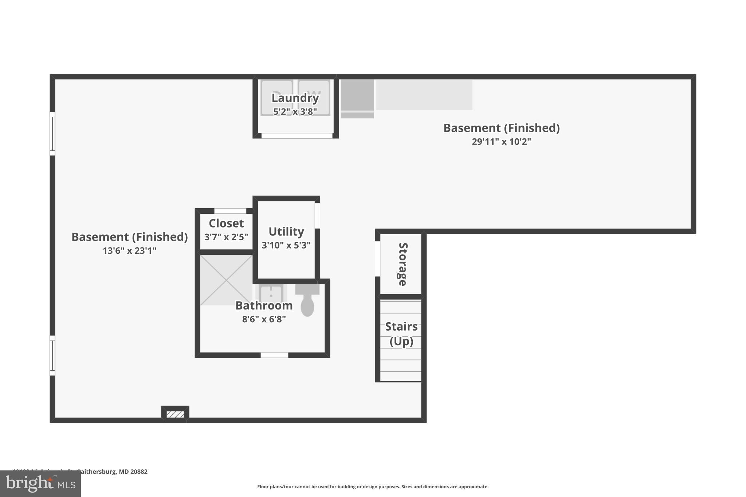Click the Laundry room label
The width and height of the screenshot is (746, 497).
pyautogui.click(x=295, y=98)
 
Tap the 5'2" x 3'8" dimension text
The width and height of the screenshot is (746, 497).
pyautogui.click(x=295, y=111)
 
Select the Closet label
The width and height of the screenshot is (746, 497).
pyautogui.click(x=226, y=223)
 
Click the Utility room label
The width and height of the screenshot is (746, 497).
pyautogui.click(x=286, y=232)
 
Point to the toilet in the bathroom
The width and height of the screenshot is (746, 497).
pyautogui.click(x=307, y=302)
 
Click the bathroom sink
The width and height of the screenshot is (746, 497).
pyautogui.click(x=271, y=293)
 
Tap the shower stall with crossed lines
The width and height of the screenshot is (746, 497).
pyautogui.click(x=226, y=280)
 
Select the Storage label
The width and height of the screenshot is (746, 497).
pyautogui.click(x=403, y=264)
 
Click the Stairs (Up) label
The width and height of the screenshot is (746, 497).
pyautogui.click(x=401, y=334)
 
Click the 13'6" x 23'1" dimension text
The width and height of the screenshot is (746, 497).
pyautogui.click(x=129, y=251)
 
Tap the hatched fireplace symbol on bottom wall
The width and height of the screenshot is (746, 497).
pyautogui.click(x=175, y=414)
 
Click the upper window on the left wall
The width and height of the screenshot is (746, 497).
pyautogui.click(x=52, y=133)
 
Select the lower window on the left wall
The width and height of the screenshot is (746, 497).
pyautogui.click(x=52, y=355)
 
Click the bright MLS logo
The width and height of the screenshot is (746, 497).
pyautogui.click(x=40, y=484)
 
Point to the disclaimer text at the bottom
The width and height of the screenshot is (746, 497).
pyautogui.click(x=373, y=486)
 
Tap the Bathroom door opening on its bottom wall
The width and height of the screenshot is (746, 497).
pyautogui.click(x=274, y=355)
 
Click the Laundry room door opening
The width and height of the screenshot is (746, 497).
pyautogui.click(x=297, y=136)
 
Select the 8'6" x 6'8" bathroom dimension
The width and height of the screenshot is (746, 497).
pyautogui.click(x=264, y=319)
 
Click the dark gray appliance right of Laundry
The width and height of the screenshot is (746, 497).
pyautogui.click(x=357, y=95)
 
